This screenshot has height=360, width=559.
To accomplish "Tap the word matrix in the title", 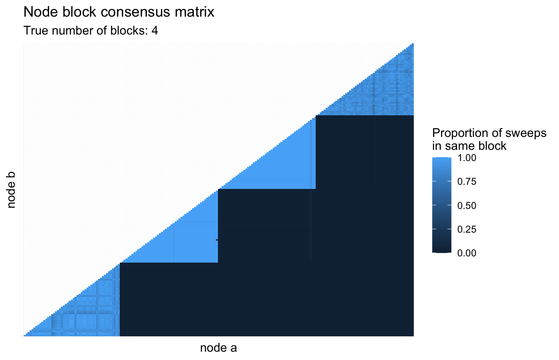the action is (x=194, y=12).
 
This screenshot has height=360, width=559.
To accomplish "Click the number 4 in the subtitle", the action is (x=154, y=31).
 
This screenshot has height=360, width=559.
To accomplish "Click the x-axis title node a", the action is (x=218, y=348).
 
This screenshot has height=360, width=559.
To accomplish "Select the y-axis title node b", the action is (x=11, y=190).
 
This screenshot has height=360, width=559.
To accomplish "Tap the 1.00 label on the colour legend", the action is (x=467, y=158).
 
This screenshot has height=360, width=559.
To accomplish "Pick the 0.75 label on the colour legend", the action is (x=467, y=181).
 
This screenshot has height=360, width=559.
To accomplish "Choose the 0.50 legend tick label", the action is (x=467, y=206).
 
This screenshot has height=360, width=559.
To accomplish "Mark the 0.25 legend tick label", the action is (x=467, y=229).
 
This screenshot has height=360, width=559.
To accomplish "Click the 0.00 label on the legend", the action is (x=467, y=253).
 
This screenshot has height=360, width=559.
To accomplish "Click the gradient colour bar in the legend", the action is (x=442, y=205).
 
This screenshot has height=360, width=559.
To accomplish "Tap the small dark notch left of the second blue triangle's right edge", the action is (x=217, y=240).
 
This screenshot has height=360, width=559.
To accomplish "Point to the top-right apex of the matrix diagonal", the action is (x=413, y=44).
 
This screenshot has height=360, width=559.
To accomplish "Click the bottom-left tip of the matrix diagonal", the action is (x=24, y=335).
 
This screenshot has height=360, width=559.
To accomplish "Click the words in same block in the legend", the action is (x=469, y=146).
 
